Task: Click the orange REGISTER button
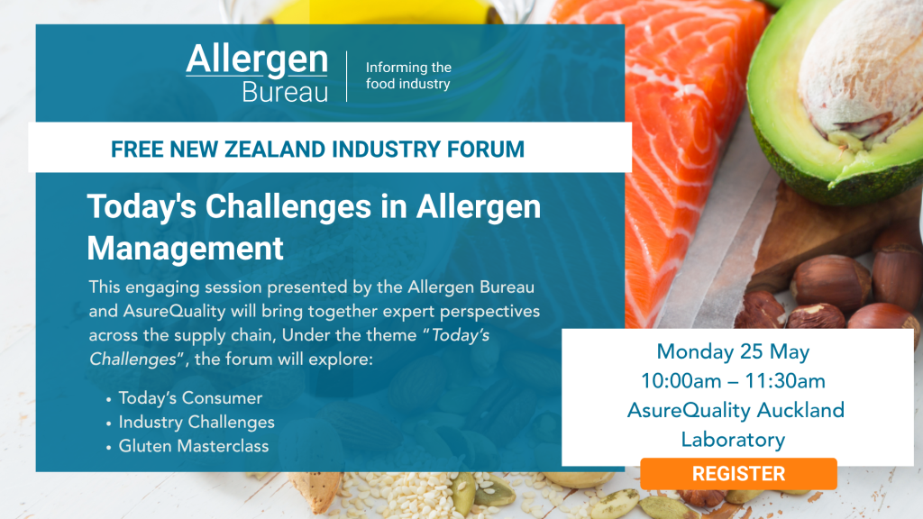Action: pyautogui.click(x=738, y=474)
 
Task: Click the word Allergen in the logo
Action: pyautogui.click(x=257, y=60)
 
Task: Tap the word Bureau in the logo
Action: pyautogui.click(x=285, y=93)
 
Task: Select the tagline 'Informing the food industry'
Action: pyautogui.click(x=408, y=76)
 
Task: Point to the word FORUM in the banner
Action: pyautogui.click(x=486, y=150)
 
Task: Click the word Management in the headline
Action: pyautogui.click(x=186, y=248)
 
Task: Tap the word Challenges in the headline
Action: pyautogui.click(x=288, y=208)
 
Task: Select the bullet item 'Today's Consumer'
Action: pyautogui.click(x=190, y=397)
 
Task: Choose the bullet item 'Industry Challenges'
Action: pyautogui.click(x=196, y=423)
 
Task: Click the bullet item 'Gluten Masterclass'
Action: pyautogui.click(x=194, y=446)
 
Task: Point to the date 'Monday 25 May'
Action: pyautogui.click(x=733, y=352)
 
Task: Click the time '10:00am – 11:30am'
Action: pyautogui.click(x=733, y=381)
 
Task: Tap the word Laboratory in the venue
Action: pyautogui.click(x=733, y=440)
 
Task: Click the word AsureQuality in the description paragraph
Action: pyautogui.click(x=174, y=311)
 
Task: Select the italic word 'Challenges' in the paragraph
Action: pyautogui.click(x=133, y=360)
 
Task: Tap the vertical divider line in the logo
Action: pyautogui.click(x=347, y=77)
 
